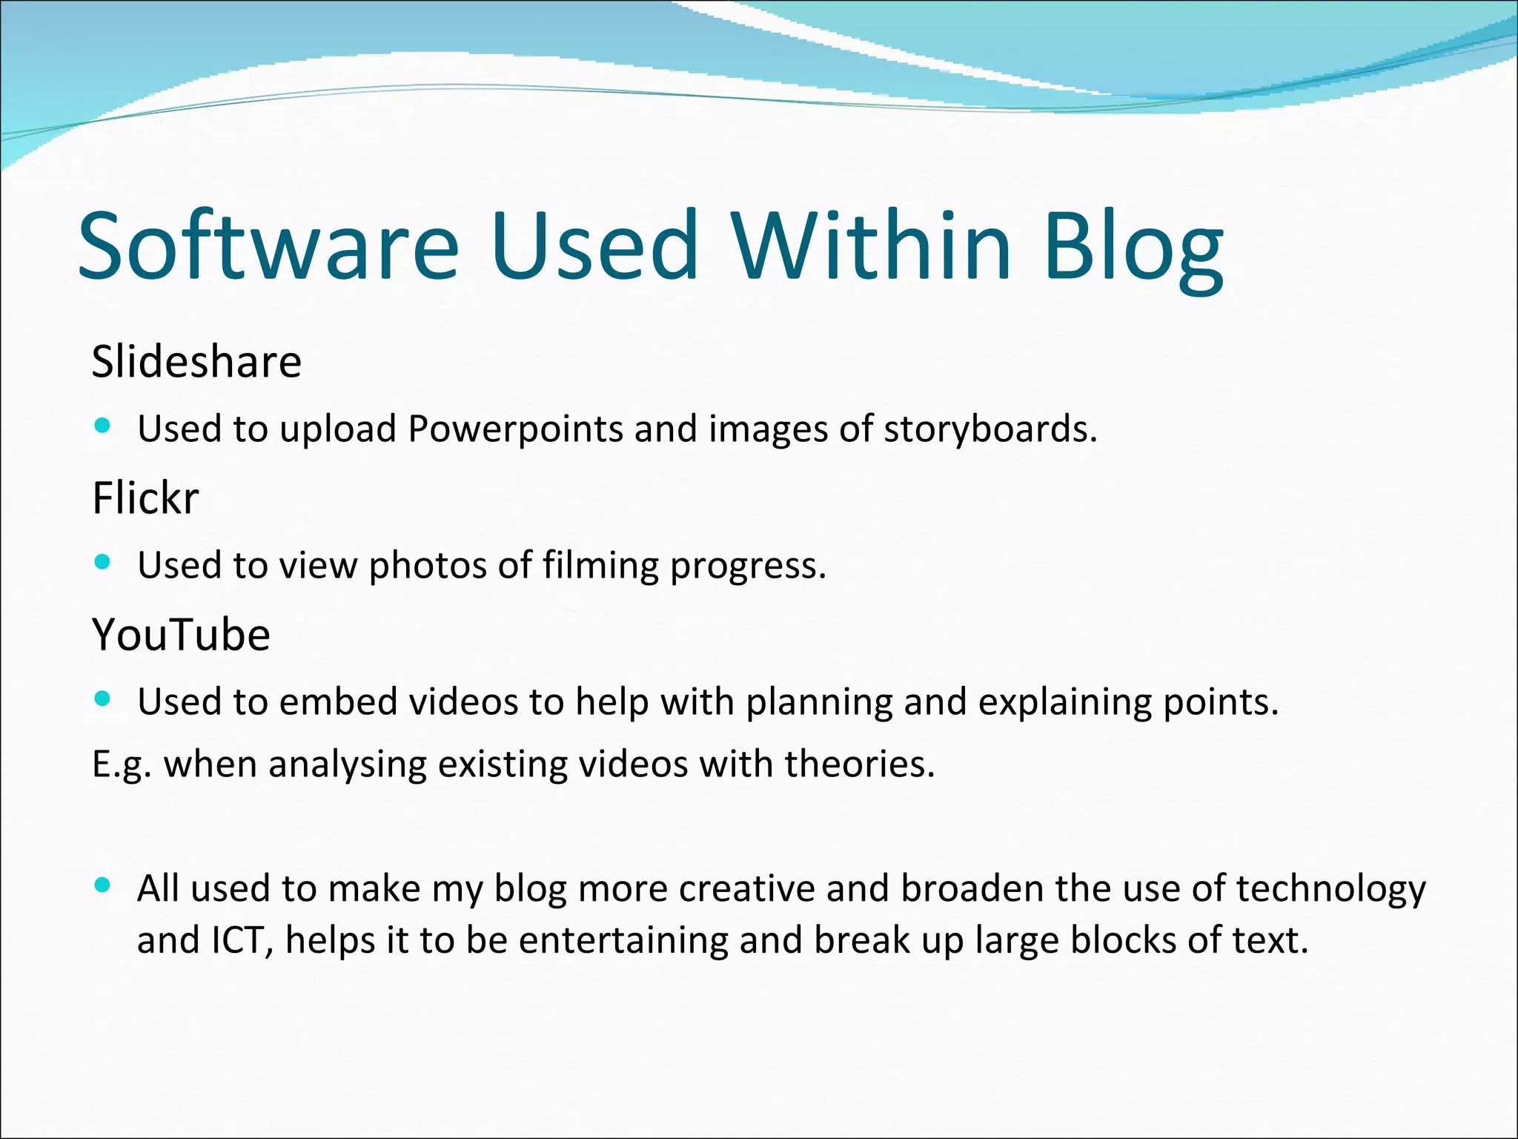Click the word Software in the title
(268, 246)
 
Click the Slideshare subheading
(196, 362)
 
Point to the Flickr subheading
(145, 498)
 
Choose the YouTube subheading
(181, 635)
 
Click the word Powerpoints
(515, 429)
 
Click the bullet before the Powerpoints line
(103, 426)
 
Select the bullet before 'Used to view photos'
(103, 562)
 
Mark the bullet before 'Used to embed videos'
(103, 699)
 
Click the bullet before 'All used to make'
(103, 885)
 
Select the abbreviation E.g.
(122, 765)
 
